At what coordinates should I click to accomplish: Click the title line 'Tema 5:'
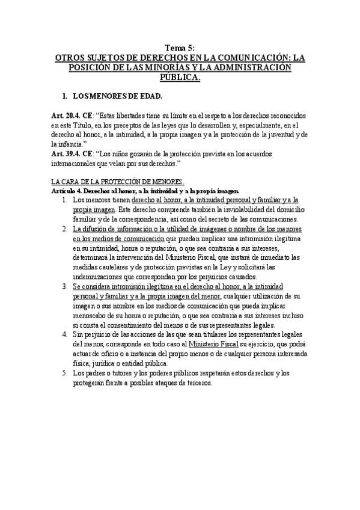point(179,48)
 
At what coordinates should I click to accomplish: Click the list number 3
point(65,286)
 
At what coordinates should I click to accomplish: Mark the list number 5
point(65,373)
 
